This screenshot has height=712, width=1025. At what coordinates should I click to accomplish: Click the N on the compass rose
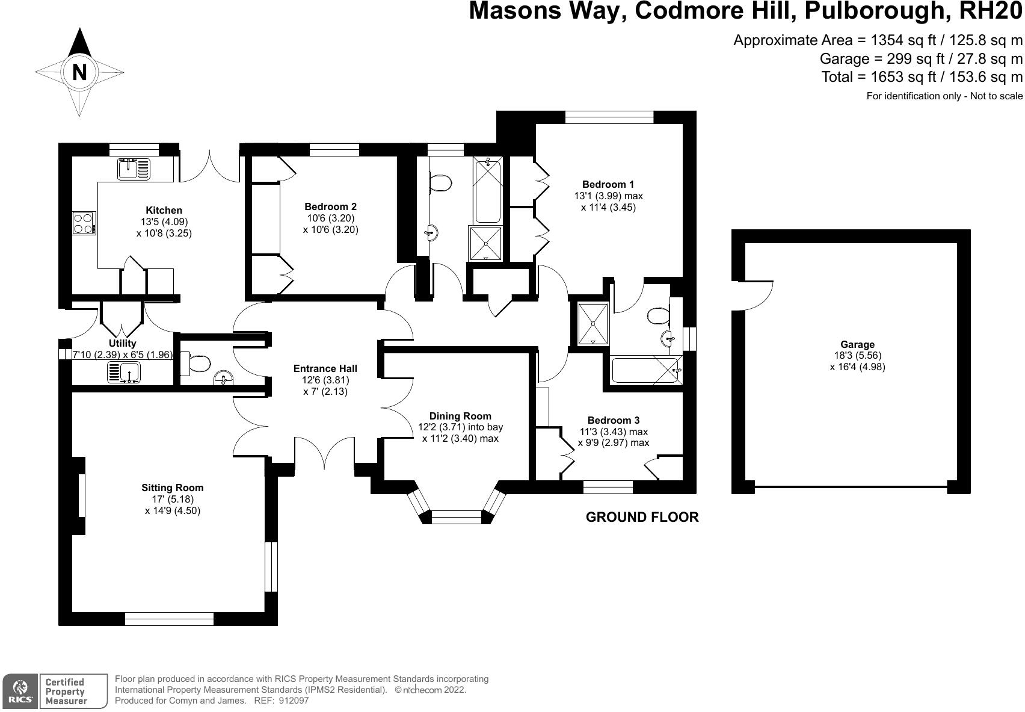[x=79, y=72]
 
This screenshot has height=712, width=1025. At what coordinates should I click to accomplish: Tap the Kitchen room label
[x=164, y=210]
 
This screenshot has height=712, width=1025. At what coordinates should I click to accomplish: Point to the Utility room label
[x=122, y=343]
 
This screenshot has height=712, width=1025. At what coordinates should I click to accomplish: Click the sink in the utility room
[x=124, y=372]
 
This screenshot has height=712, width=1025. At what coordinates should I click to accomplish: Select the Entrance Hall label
[x=325, y=369]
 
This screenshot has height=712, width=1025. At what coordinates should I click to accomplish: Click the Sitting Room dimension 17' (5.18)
[x=173, y=499]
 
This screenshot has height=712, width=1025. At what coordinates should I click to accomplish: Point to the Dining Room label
[x=460, y=416]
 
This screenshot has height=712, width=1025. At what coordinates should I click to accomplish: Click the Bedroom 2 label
[x=330, y=206]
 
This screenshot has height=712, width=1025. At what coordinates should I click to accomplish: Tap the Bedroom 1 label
[x=608, y=184]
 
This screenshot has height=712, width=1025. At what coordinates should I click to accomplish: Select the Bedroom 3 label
[x=614, y=420]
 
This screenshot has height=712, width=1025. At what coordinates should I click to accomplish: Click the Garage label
[x=857, y=344]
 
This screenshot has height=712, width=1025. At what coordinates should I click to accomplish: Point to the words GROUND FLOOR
[x=642, y=517]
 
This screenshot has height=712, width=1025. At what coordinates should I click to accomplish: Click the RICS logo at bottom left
[x=20, y=691]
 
